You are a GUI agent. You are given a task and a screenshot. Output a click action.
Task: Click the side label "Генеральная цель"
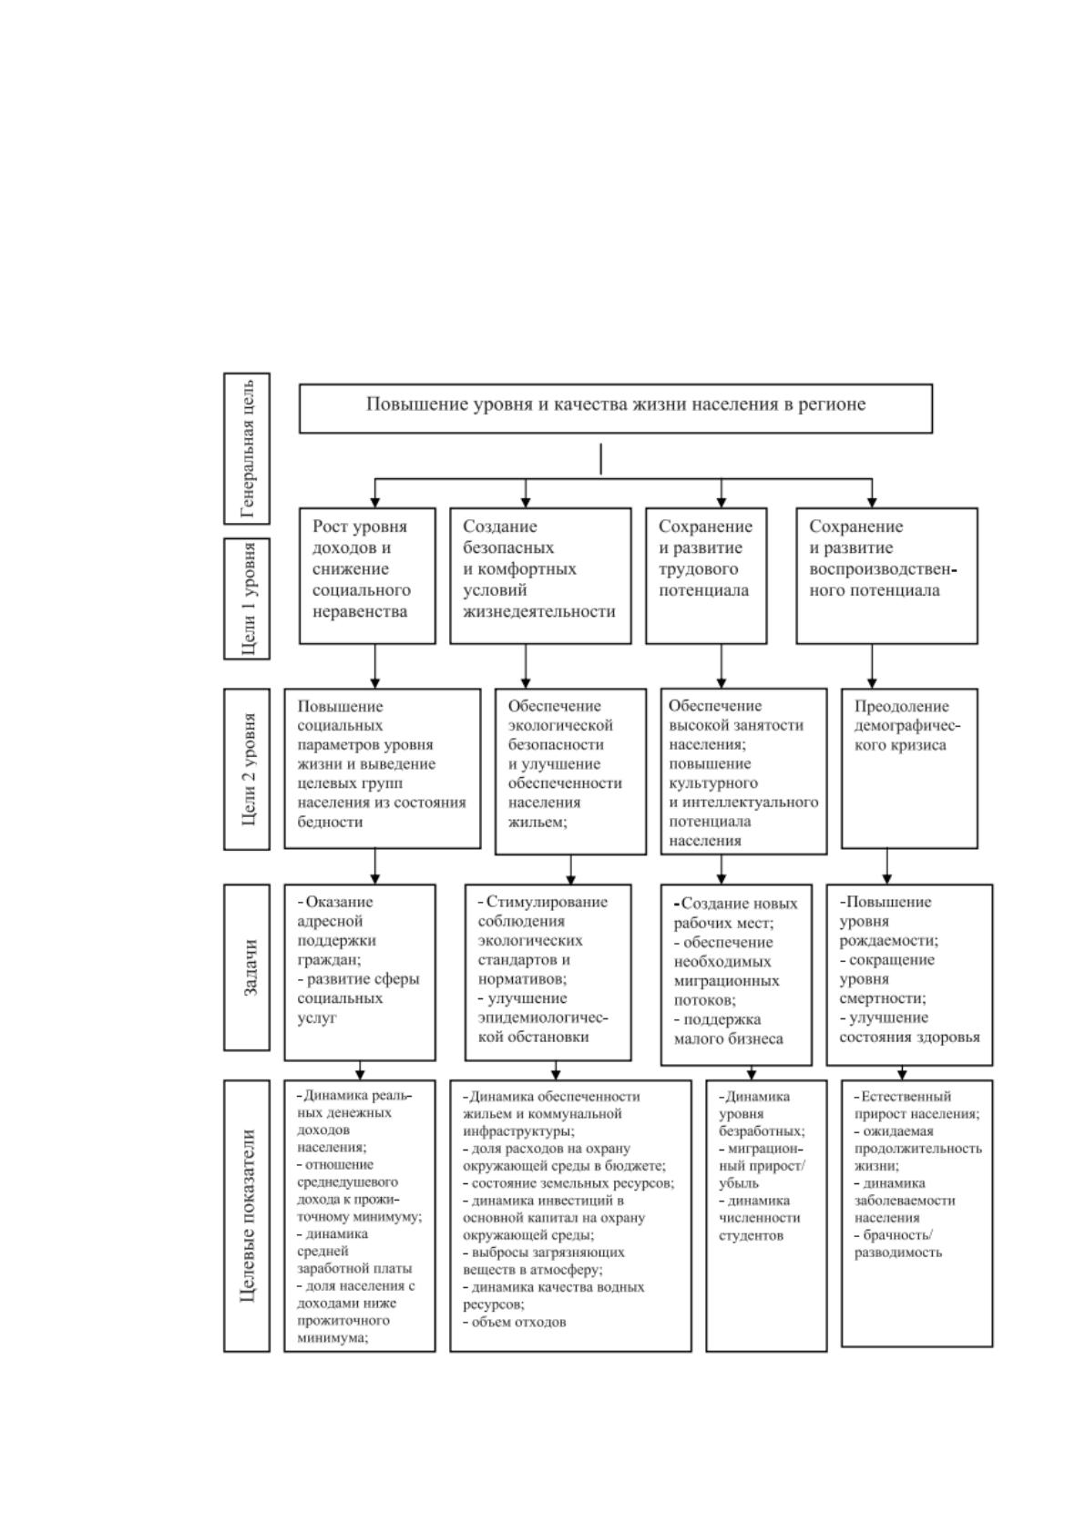(247, 448)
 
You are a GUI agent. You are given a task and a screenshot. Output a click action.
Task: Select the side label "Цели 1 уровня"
(247, 599)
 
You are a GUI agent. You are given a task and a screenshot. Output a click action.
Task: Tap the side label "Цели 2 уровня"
(247, 769)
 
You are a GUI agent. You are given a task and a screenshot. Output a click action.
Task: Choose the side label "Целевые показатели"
(247, 1215)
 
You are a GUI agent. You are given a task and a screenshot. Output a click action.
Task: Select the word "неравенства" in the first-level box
(360, 611)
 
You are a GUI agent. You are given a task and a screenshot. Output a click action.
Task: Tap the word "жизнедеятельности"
(539, 611)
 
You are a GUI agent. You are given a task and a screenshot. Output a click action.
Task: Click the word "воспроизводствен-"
(883, 569)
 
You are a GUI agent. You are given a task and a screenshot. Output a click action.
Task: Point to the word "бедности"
(330, 821)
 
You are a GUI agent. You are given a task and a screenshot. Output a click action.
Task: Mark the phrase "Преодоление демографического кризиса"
(907, 725)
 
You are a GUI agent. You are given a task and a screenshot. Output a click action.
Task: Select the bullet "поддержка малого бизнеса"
(728, 1028)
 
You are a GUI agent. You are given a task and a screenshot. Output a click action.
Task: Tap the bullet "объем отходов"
(515, 1323)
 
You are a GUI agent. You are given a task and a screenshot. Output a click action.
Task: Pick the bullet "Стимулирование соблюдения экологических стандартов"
(543, 940)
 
